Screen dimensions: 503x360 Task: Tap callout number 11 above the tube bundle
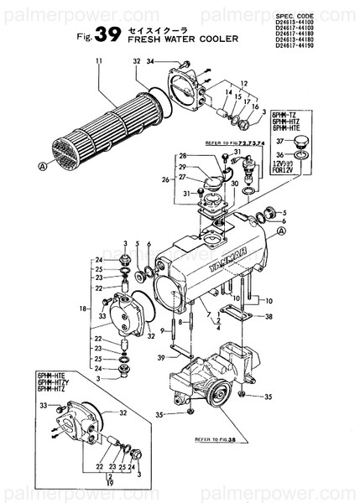(x=99, y=60)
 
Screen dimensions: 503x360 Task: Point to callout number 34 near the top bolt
(x=150, y=61)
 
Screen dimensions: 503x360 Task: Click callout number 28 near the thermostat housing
(x=182, y=157)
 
